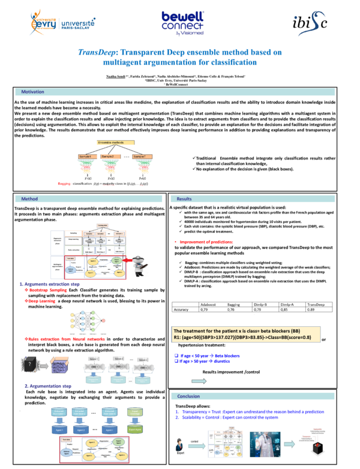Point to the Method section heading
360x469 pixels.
[29, 199]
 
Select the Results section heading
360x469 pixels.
[184, 199]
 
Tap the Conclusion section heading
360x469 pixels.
[189, 379]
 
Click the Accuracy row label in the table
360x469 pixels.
[181, 309]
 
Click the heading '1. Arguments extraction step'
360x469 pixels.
[50, 284]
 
